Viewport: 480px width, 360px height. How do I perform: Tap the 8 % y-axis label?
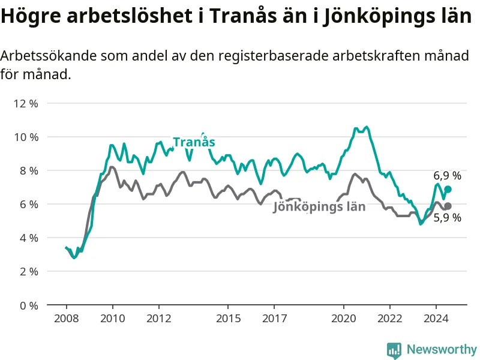(x=28, y=170)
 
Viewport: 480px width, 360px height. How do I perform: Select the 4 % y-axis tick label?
(x=28, y=238)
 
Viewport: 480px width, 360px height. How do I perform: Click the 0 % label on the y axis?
(x=28, y=305)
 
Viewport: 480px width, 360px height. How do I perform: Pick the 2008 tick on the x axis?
(x=66, y=318)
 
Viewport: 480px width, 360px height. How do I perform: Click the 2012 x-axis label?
(x=158, y=318)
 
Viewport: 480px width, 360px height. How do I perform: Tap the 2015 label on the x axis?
(x=228, y=318)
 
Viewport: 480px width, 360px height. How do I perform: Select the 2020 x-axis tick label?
(x=344, y=318)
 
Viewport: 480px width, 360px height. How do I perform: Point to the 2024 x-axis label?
(x=436, y=318)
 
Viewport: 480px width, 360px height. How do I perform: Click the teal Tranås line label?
(x=194, y=142)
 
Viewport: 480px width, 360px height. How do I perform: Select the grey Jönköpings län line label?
(x=319, y=207)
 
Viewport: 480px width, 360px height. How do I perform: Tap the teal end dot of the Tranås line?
(x=448, y=189)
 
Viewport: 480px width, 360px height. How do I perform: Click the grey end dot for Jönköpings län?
(x=448, y=206)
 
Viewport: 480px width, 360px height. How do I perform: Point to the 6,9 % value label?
(x=448, y=176)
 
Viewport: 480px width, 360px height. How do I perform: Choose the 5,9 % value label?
(x=448, y=218)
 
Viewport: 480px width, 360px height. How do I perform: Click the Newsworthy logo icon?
(x=394, y=349)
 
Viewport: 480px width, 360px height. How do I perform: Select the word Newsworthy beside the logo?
(x=442, y=349)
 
